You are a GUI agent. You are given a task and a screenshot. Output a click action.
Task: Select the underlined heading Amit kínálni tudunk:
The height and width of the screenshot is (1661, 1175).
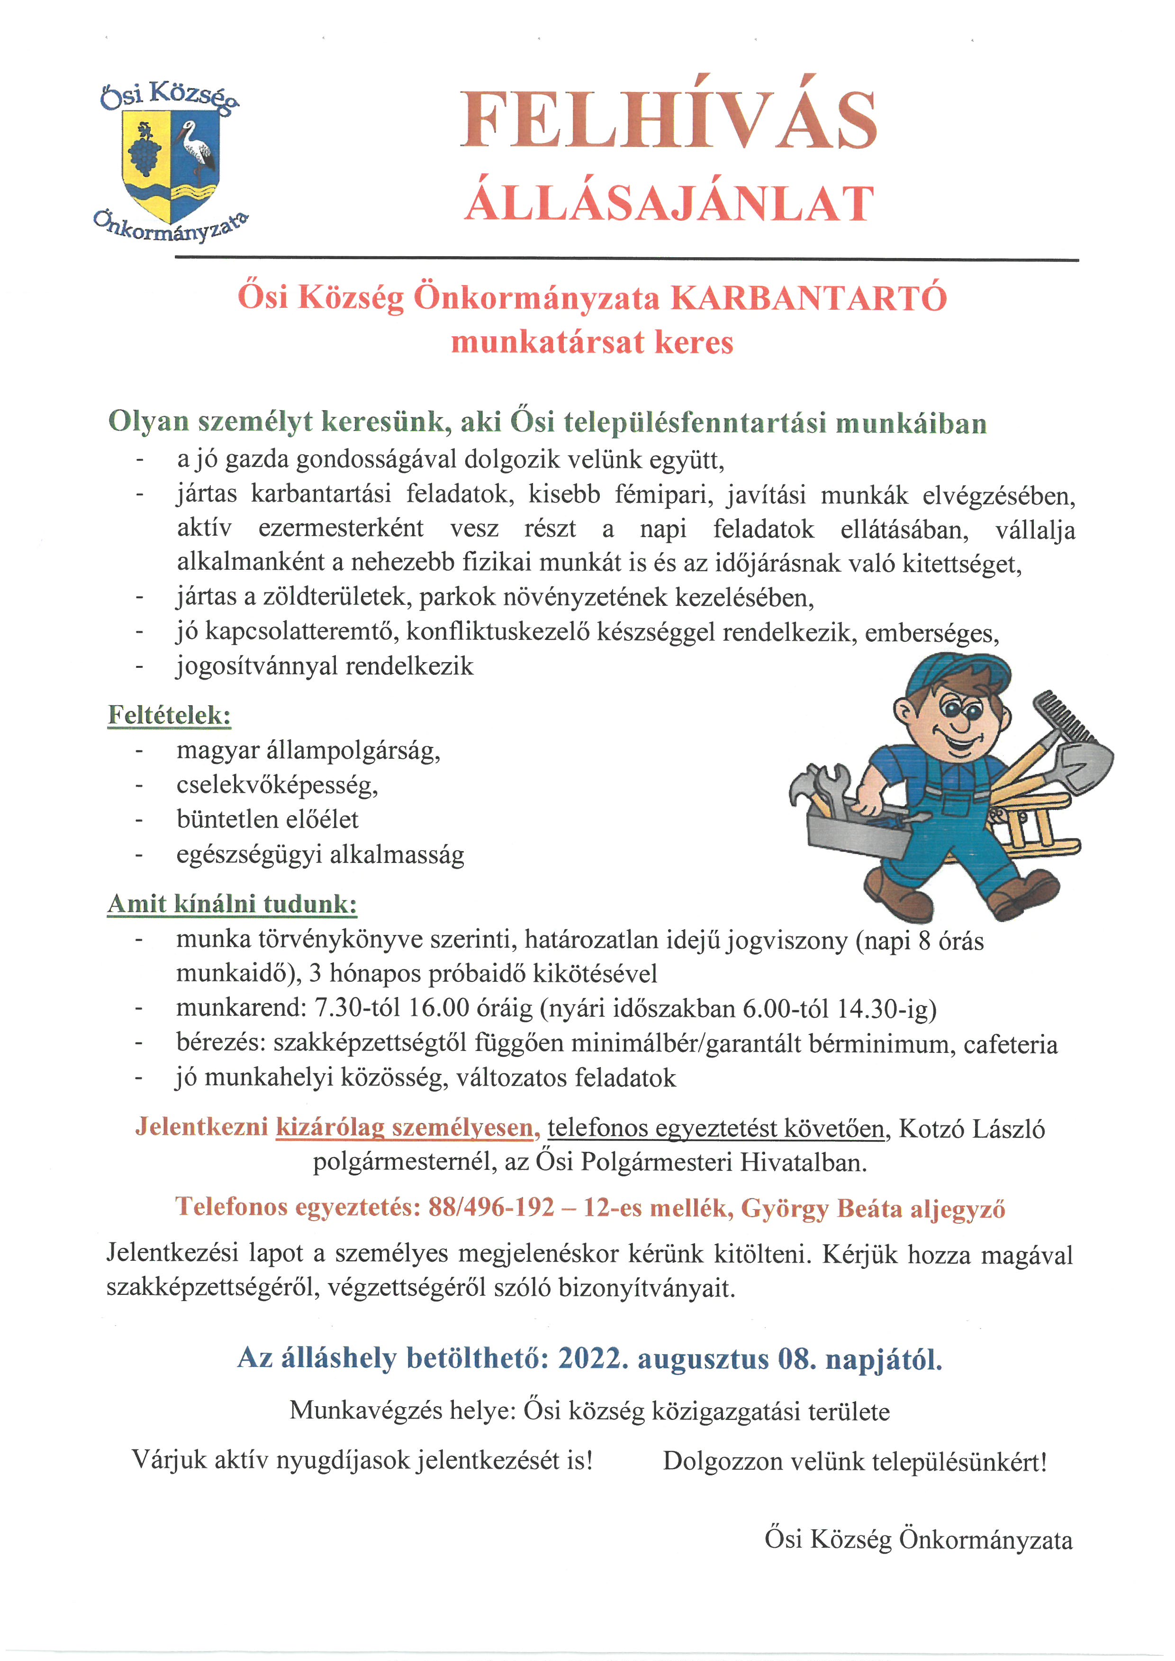pos(232,904)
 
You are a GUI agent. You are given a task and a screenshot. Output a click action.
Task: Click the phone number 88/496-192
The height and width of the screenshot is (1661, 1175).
pos(491,1207)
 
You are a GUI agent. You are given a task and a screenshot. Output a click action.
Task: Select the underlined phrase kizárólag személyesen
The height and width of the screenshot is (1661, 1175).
pos(404,1128)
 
